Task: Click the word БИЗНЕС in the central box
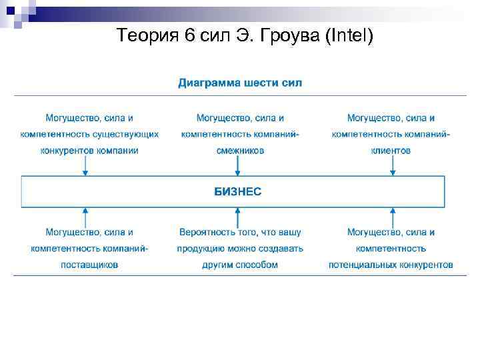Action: [237, 191]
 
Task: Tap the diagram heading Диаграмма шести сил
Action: [240, 83]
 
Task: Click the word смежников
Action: [240, 151]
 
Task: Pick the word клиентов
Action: [391, 151]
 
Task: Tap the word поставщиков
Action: [89, 265]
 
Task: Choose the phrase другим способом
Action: [240, 265]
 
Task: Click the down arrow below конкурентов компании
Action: [85, 169]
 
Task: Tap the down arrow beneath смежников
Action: [237, 169]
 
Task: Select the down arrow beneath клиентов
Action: [392, 169]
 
